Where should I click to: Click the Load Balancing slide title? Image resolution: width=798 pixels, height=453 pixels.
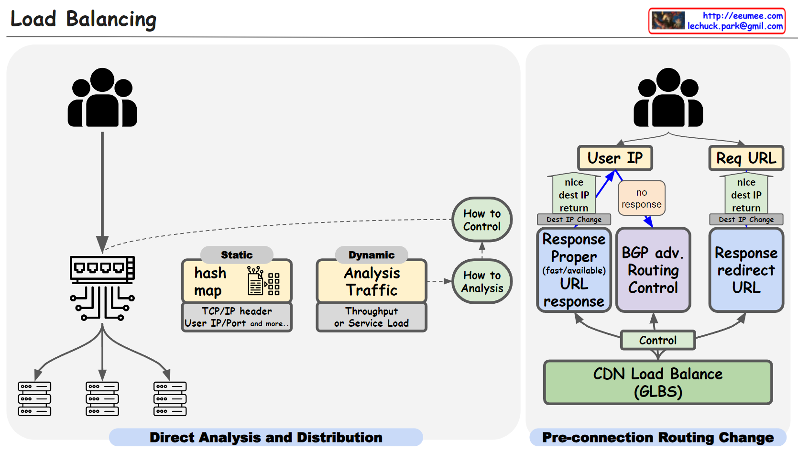click(83, 20)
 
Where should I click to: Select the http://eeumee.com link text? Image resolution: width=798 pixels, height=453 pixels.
click(743, 16)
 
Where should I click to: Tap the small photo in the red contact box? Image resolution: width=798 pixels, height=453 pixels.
click(668, 21)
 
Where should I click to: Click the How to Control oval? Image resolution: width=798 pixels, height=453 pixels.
click(481, 220)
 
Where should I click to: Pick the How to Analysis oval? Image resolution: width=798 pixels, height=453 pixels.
click(481, 282)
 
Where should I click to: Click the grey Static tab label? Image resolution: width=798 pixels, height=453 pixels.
click(237, 255)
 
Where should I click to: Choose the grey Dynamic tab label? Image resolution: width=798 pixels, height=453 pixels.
click(372, 255)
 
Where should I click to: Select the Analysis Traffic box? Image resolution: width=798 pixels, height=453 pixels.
click(372, 281)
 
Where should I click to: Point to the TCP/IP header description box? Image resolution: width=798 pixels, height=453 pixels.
click(237, 317)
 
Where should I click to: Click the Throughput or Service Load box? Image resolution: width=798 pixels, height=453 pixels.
click(372, 317)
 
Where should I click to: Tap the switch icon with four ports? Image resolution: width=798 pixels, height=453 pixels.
click(102, 268)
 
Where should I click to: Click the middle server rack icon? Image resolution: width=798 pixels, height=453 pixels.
click(102, 398)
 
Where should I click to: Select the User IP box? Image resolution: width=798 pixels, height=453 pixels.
click(615, 158)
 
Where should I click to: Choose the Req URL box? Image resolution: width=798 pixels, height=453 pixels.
click(746, 158)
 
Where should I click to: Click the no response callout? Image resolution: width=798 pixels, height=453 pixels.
click(641, 198)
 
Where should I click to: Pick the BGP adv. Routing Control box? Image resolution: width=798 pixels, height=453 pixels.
click(653, 270)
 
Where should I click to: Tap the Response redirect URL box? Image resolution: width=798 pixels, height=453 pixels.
click(746, 270)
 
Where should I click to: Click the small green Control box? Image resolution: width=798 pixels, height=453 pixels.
click(658, 340)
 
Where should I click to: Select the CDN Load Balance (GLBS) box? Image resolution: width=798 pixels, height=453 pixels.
click(658, 383)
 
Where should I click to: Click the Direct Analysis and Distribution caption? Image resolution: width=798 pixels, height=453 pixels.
click(266, 437)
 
